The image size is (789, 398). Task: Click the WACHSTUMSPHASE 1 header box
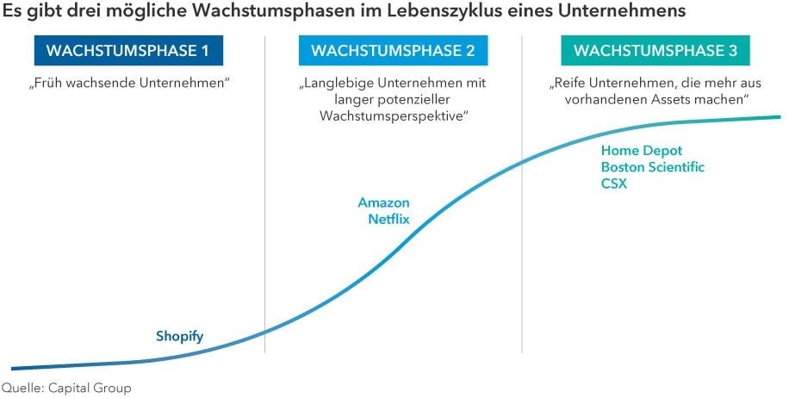click(x=127, y=51)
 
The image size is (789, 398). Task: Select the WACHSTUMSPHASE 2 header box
click(x=393, y=51)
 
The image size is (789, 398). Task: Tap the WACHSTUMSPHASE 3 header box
click(x=655, y=51)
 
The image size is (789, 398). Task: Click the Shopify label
click(x=179, y=336)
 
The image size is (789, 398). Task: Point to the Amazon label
click(x=383, y=202)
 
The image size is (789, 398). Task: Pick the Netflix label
click(x=388, y=219)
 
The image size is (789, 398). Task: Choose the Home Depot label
click(x=642, y=151)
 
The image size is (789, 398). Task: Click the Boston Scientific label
click(x=652, y=167)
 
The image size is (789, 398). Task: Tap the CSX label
click(x=614, y=183)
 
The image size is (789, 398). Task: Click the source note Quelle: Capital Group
click(x=66, y=388)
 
